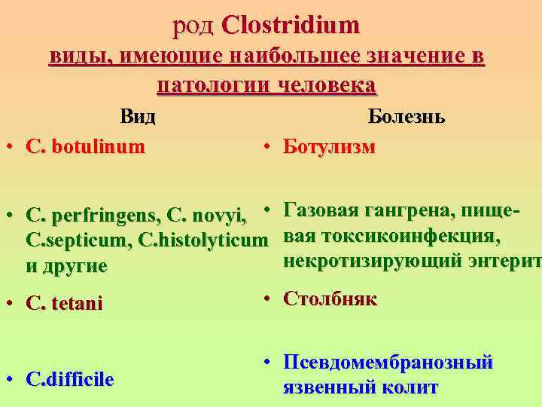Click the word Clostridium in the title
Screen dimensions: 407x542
(292, 26)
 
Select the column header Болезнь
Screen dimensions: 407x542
(406, 117)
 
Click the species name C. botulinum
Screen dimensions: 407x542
(85, 146)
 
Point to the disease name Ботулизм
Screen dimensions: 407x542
(329, 145)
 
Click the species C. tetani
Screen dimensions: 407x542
(64, 304)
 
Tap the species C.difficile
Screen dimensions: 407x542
(70, 379)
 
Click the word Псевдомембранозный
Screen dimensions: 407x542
(388, 363)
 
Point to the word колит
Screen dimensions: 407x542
(411, 387)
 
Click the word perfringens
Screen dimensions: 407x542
(105, 217)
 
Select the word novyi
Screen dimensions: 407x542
(220, 217)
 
